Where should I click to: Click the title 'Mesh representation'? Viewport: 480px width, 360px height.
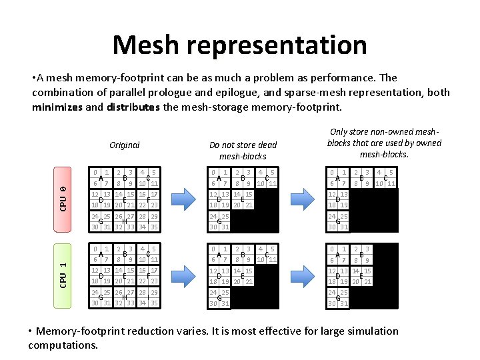pos(239,45)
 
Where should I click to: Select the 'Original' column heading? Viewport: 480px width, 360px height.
pos(125,145)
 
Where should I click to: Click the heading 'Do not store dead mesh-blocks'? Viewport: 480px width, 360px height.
pos(243,150)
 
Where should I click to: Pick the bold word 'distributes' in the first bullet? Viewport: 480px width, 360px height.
pos(132,107)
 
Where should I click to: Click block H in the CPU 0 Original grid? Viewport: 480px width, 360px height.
pos(125,222)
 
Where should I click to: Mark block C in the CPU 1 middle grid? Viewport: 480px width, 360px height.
pos(266,253)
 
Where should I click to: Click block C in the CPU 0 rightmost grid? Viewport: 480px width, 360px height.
pos(386,178)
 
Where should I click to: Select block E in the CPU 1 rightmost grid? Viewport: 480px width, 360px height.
pos(361,276)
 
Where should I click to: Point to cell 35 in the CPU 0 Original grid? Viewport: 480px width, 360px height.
pos(153,227)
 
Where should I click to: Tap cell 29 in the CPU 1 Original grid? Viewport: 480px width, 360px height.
pos(153,293)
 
